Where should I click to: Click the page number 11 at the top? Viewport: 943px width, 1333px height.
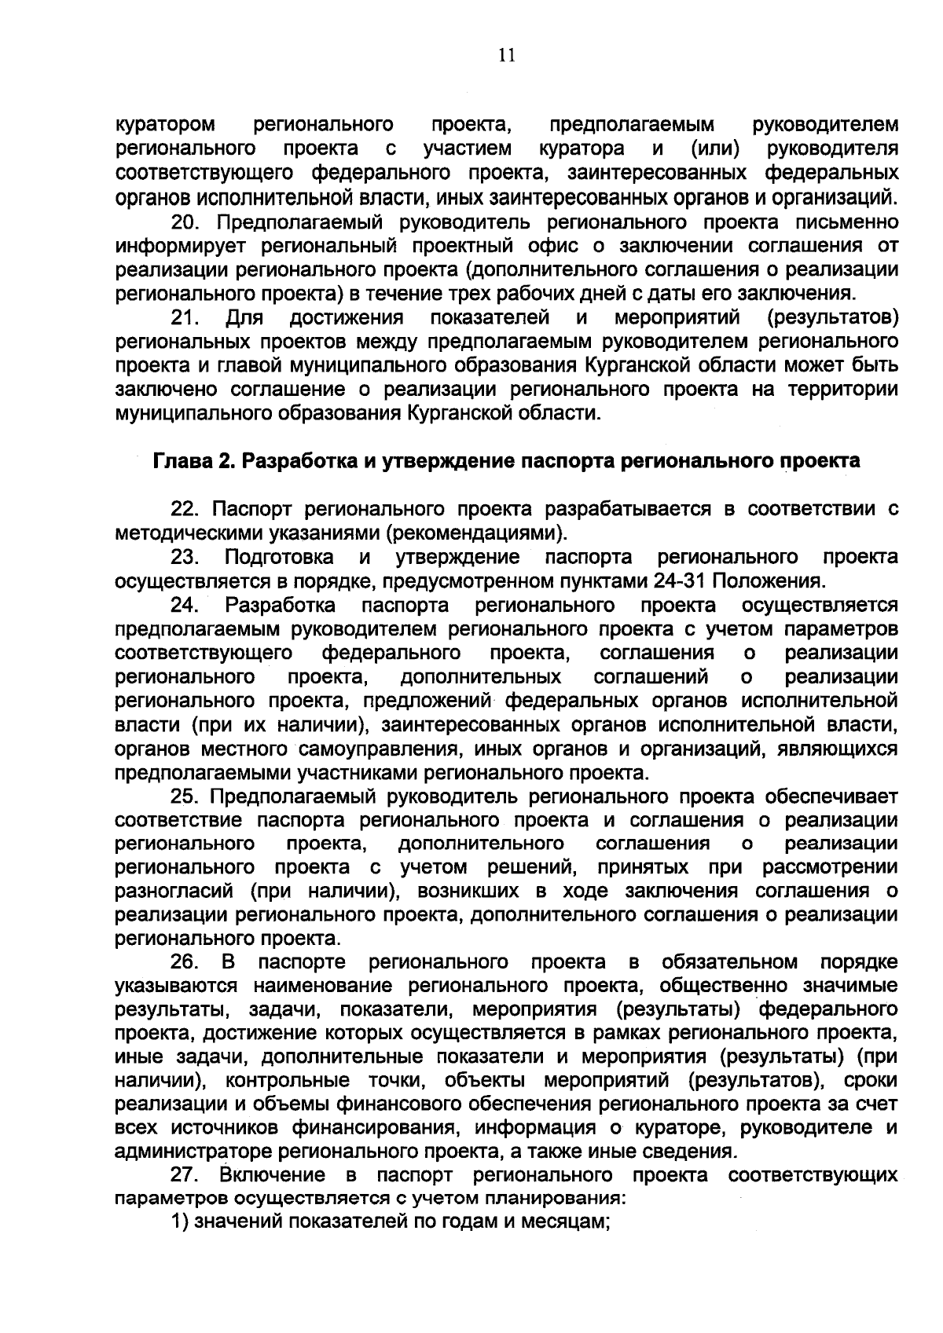506,56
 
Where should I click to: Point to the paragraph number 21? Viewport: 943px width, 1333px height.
185,318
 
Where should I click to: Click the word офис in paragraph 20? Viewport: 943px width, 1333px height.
555,247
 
